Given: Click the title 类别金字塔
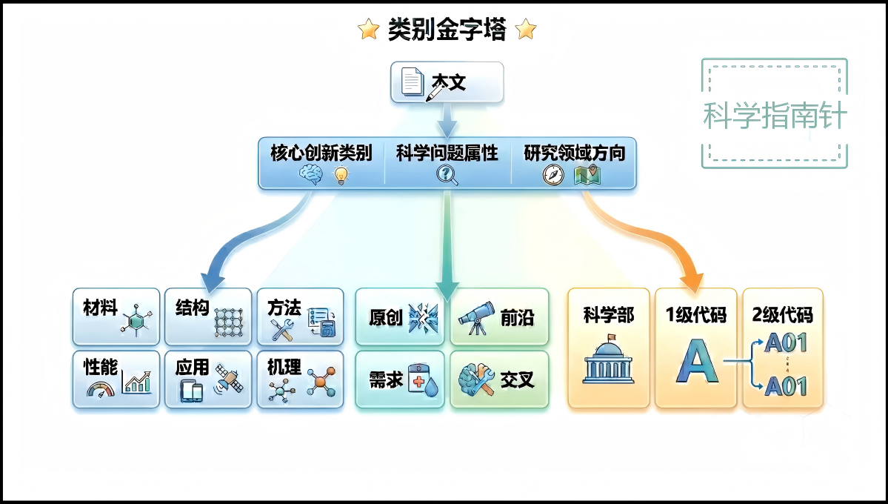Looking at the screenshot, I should (x=447, y=30).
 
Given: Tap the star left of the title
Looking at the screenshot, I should (x=368, y=30).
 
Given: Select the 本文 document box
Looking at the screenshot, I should (x=447, y=82).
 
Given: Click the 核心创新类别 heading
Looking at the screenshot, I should (x=321, y=153).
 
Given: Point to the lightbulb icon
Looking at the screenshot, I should (x=341, y=176).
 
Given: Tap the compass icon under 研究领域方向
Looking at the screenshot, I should (x=553, y=175).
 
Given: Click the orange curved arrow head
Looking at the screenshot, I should (x=693, y=281).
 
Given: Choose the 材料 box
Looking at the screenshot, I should (x=116, y=316).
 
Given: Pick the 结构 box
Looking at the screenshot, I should (x=208, y=316).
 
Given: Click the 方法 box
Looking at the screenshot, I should (x=300, y=316).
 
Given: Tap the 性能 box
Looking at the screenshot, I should (x=116, y=379).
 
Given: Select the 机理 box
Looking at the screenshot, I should (x=300, y=379).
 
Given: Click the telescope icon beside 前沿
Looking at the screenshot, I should (x=474, y=317).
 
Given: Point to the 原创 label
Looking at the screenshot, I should (x=385, y=318).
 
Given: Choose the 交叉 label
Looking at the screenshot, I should (x=517, y=381).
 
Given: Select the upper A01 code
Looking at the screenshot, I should (x=786, y=343).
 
